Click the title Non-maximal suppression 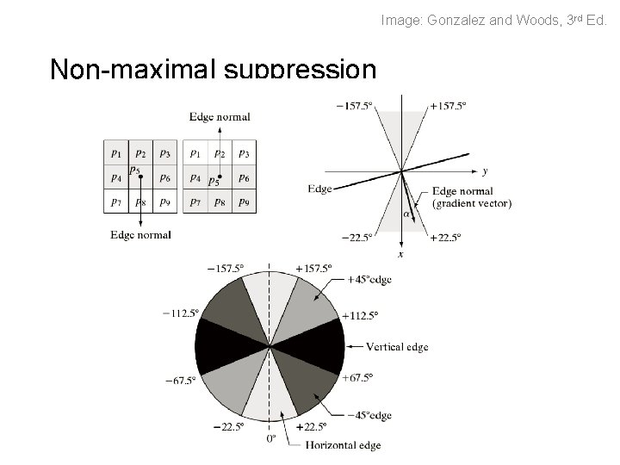click(213, 69)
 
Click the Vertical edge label click(397, 347)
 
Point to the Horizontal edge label click(341, 445)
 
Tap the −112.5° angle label click(181, 313)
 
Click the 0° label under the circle click(270, 439)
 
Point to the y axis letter click(486, 172)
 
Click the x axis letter click(401, 254)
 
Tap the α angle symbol click(407, 214)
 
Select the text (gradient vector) click(473, 203)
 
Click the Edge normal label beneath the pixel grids click(141, 234)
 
